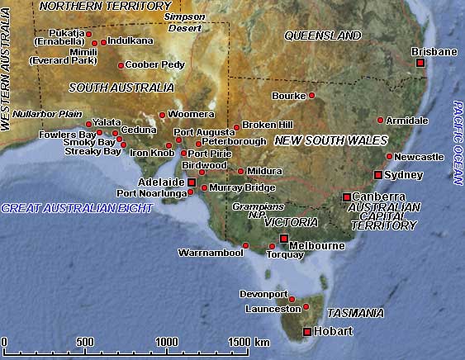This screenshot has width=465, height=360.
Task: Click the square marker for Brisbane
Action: (x=420, y=63)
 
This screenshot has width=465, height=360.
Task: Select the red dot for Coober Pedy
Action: (x=121, y=65)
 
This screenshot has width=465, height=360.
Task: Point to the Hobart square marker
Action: (x=307, y=332)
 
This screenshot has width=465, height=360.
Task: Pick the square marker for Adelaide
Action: (x=192, y=182)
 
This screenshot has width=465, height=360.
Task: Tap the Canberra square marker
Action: (x=347, y=197)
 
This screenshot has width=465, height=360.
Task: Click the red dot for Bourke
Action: (x=311, y=96)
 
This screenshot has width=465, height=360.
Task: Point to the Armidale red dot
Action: (x=380, y=121)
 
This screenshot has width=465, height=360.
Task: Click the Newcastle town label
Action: (x=420, y=157)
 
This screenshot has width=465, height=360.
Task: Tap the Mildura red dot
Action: (x=240, y=171)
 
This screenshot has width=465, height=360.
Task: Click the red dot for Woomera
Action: (x=162, y=115)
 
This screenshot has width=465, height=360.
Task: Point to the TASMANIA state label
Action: (x=355, y=313)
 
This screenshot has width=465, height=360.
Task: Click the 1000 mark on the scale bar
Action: (x=168, y=342)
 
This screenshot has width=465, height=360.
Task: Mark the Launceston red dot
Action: (x=306, y=308)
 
